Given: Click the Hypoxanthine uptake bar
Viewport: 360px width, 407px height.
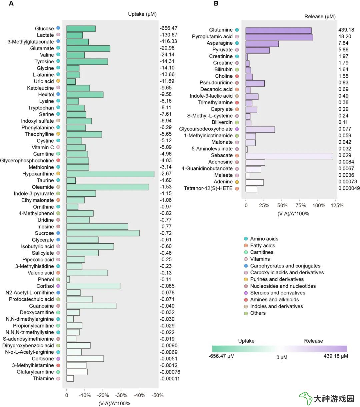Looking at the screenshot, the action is point(110,174).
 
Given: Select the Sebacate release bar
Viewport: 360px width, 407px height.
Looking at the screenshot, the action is point(289,156).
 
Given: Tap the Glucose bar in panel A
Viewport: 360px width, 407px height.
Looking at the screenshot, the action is point(81,29).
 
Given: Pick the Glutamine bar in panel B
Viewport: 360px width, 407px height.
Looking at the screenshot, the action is point(278,31).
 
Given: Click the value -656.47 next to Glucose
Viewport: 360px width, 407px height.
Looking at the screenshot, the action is point(169,28).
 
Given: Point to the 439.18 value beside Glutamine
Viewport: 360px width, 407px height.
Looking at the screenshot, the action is point(346,30).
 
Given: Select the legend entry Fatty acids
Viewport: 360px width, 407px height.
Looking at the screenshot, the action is point(263,245).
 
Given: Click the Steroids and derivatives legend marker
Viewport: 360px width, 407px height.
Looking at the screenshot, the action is point(246,293).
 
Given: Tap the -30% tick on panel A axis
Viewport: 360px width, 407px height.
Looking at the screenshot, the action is point(121,395).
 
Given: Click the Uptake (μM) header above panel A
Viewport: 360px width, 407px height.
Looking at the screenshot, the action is point(142,14).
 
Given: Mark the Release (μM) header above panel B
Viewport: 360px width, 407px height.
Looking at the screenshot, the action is point(320,16).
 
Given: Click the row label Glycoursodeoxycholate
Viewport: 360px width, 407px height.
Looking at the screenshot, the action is point(206,129).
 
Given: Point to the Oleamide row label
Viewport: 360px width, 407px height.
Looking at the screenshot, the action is point(43,187).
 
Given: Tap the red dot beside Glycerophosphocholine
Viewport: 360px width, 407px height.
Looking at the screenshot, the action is point(58,160).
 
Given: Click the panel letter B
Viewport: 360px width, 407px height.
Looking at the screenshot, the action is point(216,3).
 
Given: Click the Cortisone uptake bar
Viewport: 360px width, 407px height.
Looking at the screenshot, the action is point(85,359).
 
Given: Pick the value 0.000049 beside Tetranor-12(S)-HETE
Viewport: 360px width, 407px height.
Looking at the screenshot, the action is point(349,188).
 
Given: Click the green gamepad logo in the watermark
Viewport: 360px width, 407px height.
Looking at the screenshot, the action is point(305,398).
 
